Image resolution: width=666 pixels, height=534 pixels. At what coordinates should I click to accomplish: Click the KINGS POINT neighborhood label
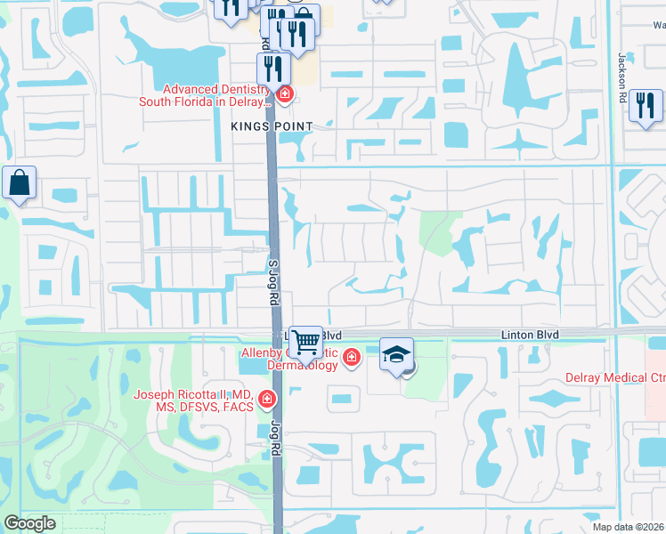pos(272,126)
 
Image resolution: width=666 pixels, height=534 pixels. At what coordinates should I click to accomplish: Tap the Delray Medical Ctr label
pos(615,378)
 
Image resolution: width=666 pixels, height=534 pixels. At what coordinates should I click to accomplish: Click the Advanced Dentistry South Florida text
pos(205,95)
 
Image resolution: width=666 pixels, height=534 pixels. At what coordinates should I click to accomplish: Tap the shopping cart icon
pos(305,341)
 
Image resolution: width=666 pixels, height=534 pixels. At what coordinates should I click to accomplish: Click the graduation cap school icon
pos(396,354)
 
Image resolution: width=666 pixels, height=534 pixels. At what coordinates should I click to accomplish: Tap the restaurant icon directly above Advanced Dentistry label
pos(273,68)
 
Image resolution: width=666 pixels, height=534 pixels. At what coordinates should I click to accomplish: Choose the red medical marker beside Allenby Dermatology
pos(352,358)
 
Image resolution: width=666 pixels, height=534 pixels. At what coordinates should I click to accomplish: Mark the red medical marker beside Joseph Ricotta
pos(267,400)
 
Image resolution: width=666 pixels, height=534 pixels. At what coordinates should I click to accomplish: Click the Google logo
pos(29,523)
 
